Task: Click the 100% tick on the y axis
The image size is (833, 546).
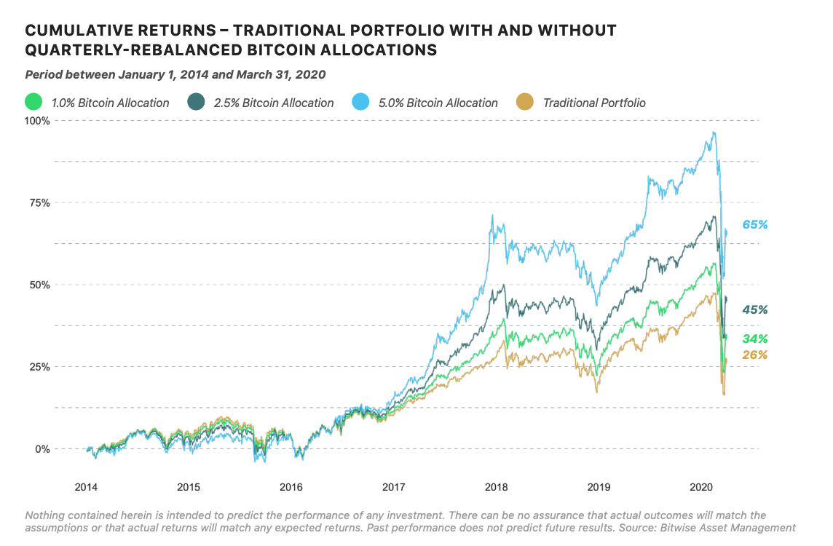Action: click(38, 120)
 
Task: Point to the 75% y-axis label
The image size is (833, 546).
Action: click(39, 202)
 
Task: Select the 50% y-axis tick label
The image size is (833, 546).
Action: click(39, 285)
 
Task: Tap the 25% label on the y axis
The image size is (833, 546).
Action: click(39, 367)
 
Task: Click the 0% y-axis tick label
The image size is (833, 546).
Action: click(42, 449)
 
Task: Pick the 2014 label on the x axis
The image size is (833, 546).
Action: click(86, 486)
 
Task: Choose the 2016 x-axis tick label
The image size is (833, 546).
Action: click(291, 486)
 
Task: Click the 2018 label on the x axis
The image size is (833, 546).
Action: click(496, 486)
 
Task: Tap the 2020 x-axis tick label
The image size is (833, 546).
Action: click(700, 486)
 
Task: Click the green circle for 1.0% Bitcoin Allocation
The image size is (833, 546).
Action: click(33, 103)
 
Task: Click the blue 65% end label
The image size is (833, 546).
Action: click(755, 225)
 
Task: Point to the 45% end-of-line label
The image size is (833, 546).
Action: click(755, 310)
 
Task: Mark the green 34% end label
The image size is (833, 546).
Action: click(755, 339)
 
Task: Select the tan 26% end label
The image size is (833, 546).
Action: click(755, 355)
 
